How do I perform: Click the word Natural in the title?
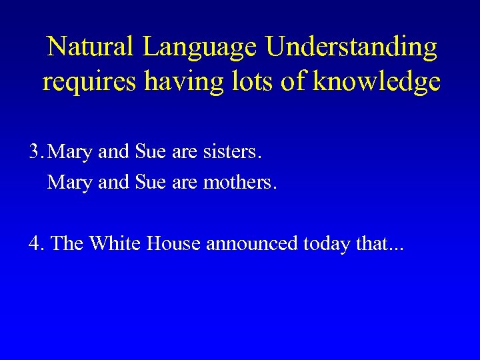tap(91, 47)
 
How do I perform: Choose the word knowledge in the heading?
tap(376, 82)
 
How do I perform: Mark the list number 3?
tap(35, 153)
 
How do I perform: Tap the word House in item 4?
tap(169, 244)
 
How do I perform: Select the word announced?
tap(252, 244)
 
